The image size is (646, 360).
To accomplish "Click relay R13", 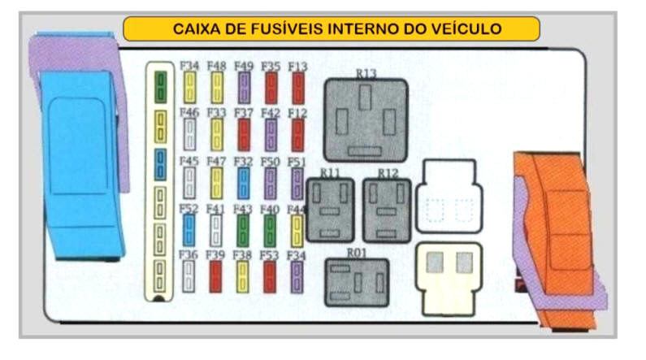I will click(366, 119).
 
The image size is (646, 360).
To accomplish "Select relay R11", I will click(330, 209).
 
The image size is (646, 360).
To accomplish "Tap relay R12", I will click(387, 209).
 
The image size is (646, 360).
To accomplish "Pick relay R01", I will click(357, 282).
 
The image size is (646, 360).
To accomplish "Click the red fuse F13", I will click(298, 88).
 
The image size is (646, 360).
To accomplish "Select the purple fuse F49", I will click(243, 88).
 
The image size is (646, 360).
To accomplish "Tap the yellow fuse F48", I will click(217, 88).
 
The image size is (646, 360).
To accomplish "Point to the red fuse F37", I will click(244, 135).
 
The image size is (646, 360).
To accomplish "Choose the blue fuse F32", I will click(243, 183).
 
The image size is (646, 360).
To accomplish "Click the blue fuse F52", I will click(189, 230).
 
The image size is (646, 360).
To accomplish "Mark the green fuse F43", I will click(243, 230).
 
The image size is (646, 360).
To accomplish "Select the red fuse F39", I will click(216, 276).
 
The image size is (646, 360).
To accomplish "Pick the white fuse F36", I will click(189, 276).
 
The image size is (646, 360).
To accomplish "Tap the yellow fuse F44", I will click(297, 230).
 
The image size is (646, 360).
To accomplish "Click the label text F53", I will click(270, 254).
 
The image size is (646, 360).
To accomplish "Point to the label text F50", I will click(271, 161).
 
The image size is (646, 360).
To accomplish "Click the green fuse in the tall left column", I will click(161, 85).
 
